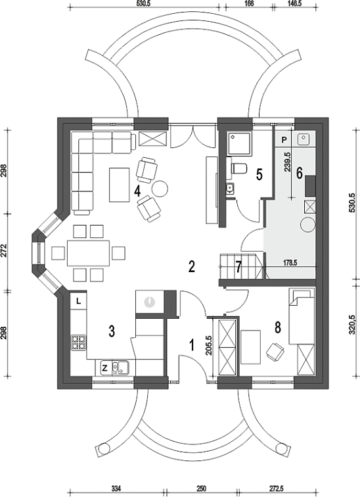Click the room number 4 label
pyautogui.click(x=137, y=191)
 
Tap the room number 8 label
pyautogui.click(x=278, y=328)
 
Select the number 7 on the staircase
pyautogui.click(x=239, y=266)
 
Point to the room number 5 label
pyautogui.click(x=259, y=175)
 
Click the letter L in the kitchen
pyautogui.click(x=78, y=301)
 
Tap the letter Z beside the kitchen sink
pyautogui.click(x=105, y=368)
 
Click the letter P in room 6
pyautogui.click(x=284, y=139)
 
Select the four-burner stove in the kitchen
pyautogui.click(x=78, y=343)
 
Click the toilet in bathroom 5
pyautogui.click(x=237, y=168)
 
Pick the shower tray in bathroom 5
pyautogui.click(x=240, y=144)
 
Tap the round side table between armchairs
pyautogui.click(x=160, y=189)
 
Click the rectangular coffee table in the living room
pyautogui.click(x=120, y=185)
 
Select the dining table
pyautogui.click(x=88, y=253)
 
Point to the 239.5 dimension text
pyautogui.click(x=288, y=162)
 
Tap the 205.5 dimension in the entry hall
pyautogui.click(x=208, y=345)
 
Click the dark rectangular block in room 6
pyautogui.click(x=310, y=186)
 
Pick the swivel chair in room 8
pyautogui.click(x=275, y=352)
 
